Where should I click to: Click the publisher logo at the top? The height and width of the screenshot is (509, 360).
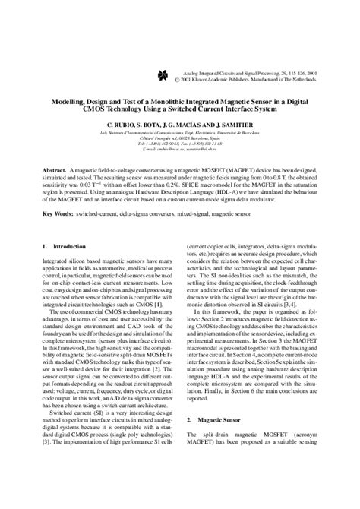161,75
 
